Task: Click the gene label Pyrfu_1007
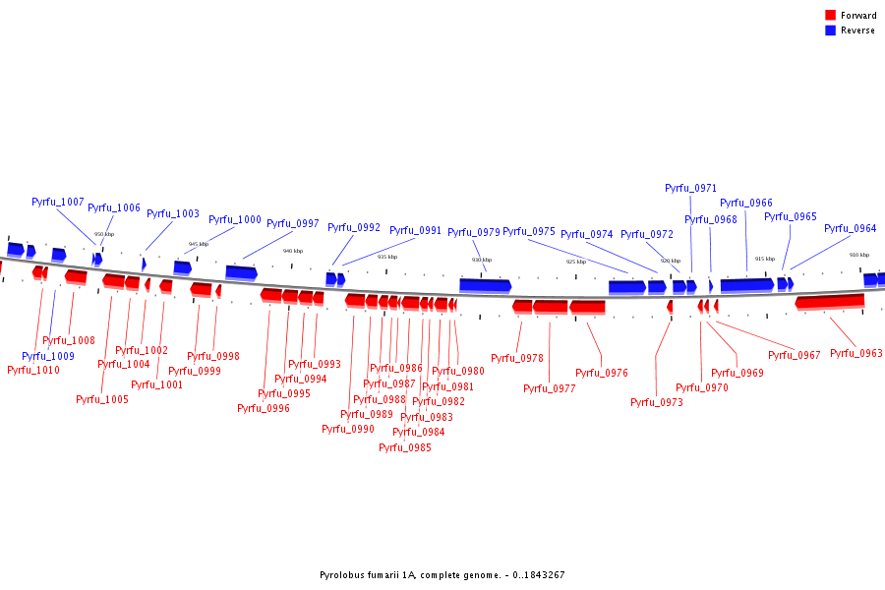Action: [x=58, y=202]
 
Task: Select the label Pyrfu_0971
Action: [x=690, y=188]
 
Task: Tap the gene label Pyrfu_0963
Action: [x=856, y=353]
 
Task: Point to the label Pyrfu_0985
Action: [x=405, y=447]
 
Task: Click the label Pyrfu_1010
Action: [x=33, y=370]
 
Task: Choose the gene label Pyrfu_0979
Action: [x=474, y=232]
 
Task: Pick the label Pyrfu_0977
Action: [x=550, y=388]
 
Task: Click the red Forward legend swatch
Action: [x=831, y=16]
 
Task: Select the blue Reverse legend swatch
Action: [x=831, y=30]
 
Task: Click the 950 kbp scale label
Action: [x=103, y=234]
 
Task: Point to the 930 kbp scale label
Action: [x=481, y=260]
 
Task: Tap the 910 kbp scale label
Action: [x=859, y=255]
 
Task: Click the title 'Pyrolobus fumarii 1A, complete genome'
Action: [x=442, y=575]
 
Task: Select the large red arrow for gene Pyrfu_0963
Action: [x=830, y=301]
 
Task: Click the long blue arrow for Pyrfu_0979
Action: [x=485, y=285]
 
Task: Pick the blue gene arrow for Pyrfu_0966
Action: [x=747, y=285]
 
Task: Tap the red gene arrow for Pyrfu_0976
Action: [x=587, y=307]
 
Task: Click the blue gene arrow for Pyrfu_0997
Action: [x=241, y=272]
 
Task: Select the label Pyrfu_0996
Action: [x=264, y=408]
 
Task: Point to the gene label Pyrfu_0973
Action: [x=657, y=402]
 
